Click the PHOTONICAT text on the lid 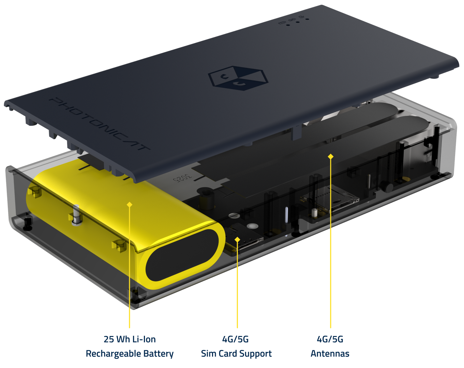tap(99, 124)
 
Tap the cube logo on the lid tap(238, 78)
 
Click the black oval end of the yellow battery tap(182, 255)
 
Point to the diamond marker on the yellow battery tap(129, 204)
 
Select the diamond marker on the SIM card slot tap(237, 240)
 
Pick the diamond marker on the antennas tap(331, 156)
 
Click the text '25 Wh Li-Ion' tap(130, 339)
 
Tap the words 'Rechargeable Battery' tap(130, 354)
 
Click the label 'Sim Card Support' tap(236, 354)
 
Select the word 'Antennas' tap(330, 354)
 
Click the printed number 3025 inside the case tap(182, 178)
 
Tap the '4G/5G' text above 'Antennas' tap(330, 339)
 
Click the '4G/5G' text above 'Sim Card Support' tap(236, 339)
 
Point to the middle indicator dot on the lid tap(298, 22)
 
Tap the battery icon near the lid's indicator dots tap(282, 22)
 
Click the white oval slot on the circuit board tap(286, 215)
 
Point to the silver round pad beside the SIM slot tap(253, 226)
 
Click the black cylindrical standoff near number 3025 tap(206, 198)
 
